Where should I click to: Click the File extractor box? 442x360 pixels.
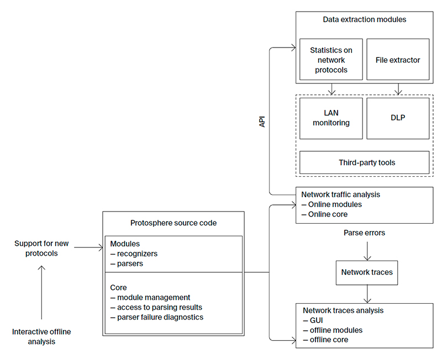point(398,60)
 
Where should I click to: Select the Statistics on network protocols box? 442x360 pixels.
point(331,60)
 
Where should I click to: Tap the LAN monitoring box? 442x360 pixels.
point(331,118)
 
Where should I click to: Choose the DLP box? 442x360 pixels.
point(398,118)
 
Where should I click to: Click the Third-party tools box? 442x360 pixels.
point(364,163)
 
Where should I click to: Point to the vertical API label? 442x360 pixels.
point(262,121)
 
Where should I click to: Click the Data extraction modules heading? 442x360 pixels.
point(364,19)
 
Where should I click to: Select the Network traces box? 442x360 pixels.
point(367,272)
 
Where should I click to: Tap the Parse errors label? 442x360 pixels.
point(364,233)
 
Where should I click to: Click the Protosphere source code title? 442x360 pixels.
point(173,223)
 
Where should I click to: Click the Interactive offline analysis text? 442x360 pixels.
point(41,336)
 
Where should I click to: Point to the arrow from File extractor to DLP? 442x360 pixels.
point(398,89)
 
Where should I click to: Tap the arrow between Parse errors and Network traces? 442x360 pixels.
point(367,251)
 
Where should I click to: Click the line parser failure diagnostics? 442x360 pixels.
point(157,317)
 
